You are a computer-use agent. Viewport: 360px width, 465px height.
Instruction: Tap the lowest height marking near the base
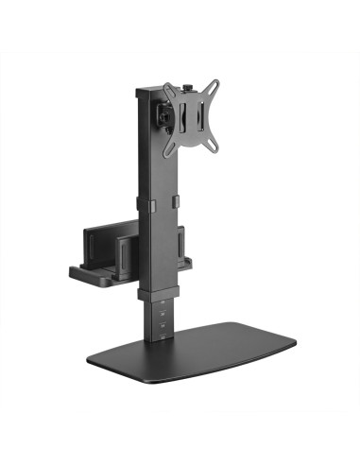pos(163,332)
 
